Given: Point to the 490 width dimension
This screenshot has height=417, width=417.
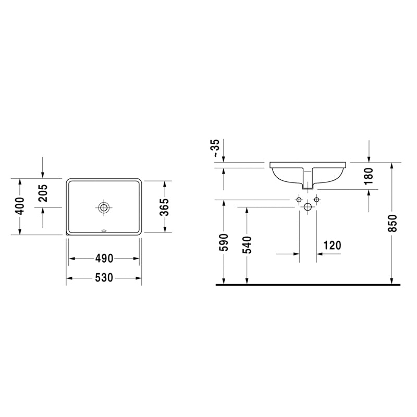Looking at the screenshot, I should click(104, 258).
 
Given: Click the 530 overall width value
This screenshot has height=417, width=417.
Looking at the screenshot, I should click(104, 278).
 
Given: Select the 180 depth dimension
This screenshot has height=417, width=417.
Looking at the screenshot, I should click(369, 176).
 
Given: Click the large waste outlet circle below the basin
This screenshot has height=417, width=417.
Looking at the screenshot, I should click(308, 207).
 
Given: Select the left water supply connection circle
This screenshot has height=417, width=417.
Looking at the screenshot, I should click(299, 200).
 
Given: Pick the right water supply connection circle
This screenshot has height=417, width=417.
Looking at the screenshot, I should click(316, 200).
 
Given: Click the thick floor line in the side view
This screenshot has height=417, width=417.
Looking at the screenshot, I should click(308, 285).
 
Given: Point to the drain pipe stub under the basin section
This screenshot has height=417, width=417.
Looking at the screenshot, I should click(308, 183).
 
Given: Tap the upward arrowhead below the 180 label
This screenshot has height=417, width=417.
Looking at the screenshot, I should click(369, 192).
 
